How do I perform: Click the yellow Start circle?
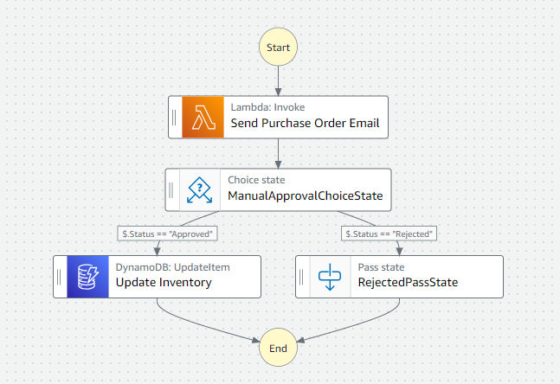(x=278, y=47)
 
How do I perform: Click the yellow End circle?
(x=278, y=348)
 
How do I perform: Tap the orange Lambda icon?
(x=203, y=117)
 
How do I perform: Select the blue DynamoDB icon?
(x=88, y=277)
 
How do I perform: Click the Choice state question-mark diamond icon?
(x=200, y=190)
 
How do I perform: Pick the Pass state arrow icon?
(x=330, y=277)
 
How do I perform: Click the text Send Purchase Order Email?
(x=305, y=123)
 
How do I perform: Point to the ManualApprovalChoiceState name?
(x=306, y=195)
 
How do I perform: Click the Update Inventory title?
(x=164, y=282)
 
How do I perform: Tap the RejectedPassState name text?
(x=408, y=282)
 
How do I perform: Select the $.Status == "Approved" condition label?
(x=168, y=234)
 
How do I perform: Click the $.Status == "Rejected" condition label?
(x=389, y=234)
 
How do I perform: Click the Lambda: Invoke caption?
(x=267, y=107)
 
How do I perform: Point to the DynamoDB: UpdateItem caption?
(x=173, y=267)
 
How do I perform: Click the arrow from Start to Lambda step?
(x=278, y=81)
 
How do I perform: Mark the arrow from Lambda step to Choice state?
(x=278, y=154)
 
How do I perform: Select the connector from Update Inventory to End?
(x=200, y=325)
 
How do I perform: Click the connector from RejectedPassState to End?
(x=357, y=325)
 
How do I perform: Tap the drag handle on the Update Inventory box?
(x=59, y=277)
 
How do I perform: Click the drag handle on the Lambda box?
(x=174, y=118)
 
